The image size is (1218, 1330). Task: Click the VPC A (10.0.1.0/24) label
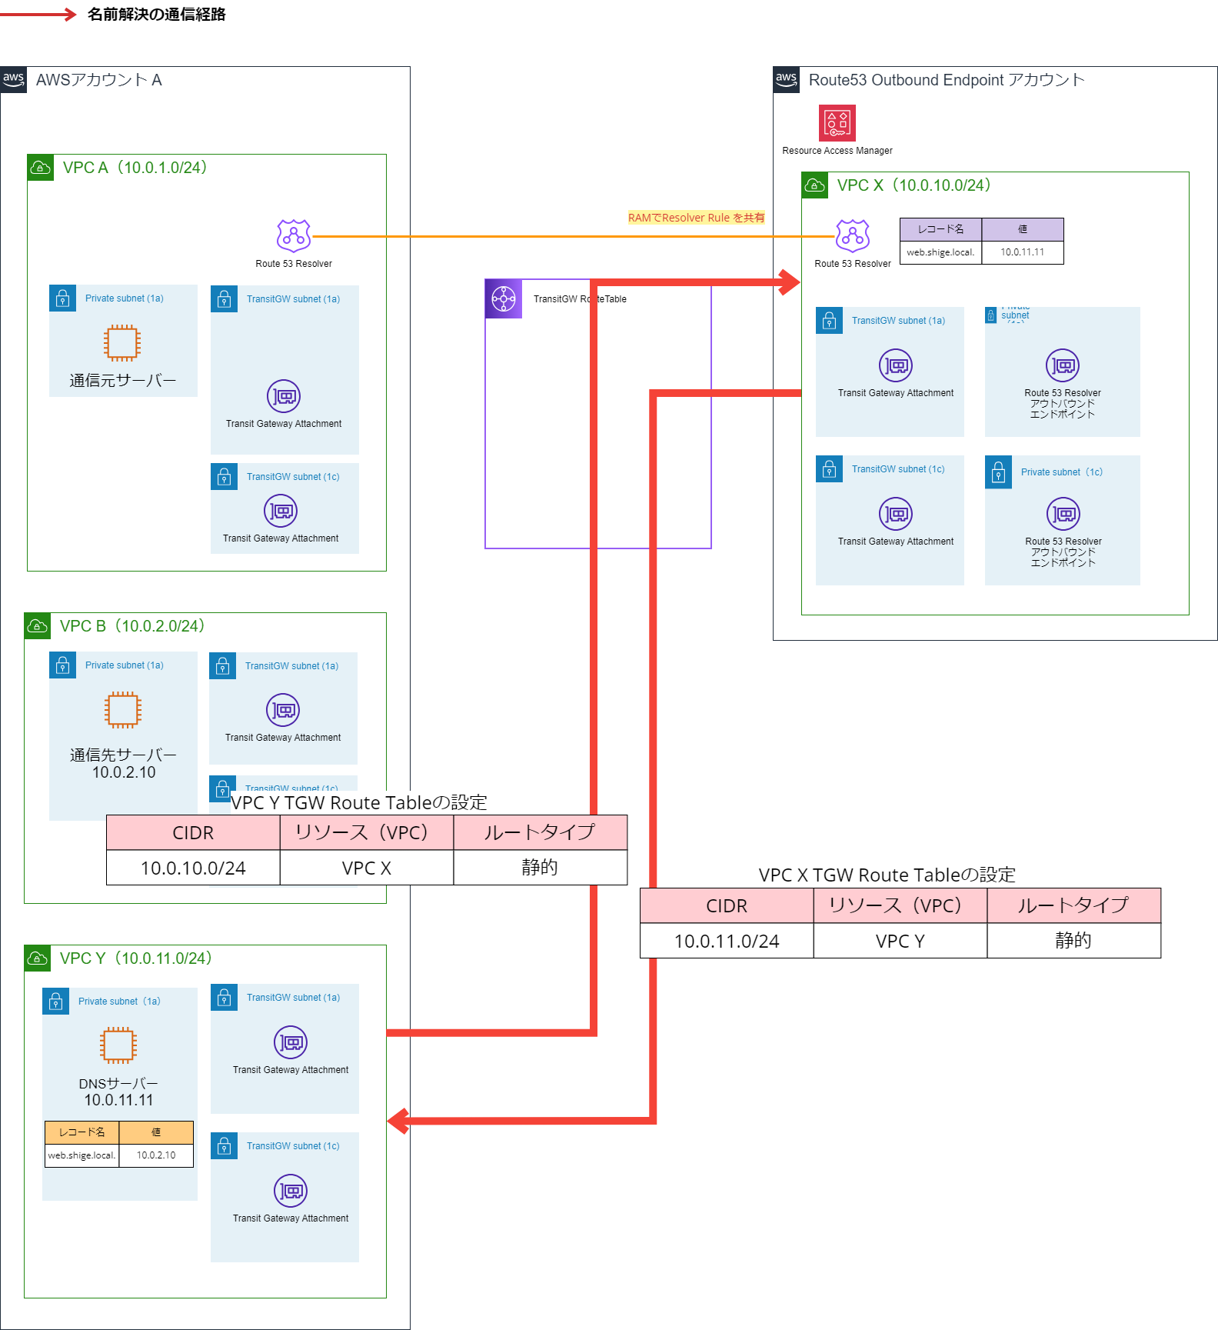(x=134, y=168)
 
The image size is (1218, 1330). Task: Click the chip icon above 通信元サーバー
(x=122, y=343)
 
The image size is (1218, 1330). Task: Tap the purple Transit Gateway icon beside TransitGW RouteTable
(x=504, y=299)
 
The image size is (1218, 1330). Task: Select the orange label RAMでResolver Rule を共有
(x=696, y=218)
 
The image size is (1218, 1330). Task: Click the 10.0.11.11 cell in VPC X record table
(x=1022, y=252)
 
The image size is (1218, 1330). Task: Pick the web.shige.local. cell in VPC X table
(x=940, y=252)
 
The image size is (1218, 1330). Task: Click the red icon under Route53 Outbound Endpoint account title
(x=837, y=123)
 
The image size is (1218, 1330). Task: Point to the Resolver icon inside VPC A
(x=294, y=236)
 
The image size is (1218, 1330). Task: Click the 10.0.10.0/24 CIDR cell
(x=193, y=868)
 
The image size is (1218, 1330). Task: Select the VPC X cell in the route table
(x=367, y=868)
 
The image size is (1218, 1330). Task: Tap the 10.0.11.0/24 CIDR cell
(x=727, y=941)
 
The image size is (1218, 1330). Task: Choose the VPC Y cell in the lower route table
(x=900, y=941)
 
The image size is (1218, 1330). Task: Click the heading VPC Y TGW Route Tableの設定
(x=358, y=803)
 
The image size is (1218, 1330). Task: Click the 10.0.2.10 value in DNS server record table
(x=156, y=1155)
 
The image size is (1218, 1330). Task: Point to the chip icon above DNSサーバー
(x=118, y=1045)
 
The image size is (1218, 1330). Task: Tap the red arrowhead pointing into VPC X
(x=790, y=282)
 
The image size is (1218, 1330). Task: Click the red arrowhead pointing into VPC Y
(x=398, y=1121)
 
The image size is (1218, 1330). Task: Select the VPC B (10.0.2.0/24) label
(x=131, y=626)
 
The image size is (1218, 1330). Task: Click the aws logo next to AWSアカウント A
(x=13, y=79)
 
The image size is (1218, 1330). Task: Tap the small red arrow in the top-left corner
(x=70, y=14)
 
